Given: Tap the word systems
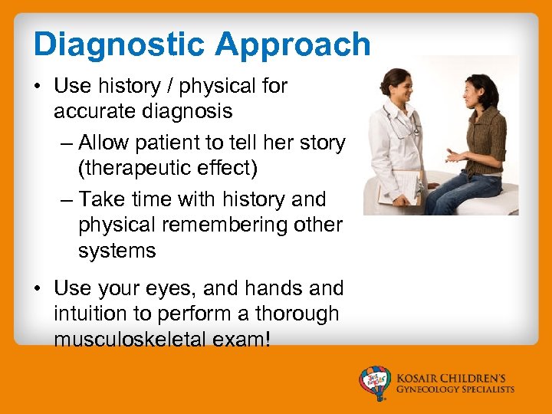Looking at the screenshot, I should click(x=117, y=251).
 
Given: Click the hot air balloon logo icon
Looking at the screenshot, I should click(x=375, y=382).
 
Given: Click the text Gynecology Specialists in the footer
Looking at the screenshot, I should click(x=455, y=389).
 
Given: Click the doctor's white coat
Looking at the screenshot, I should click(x=388, y=146).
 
